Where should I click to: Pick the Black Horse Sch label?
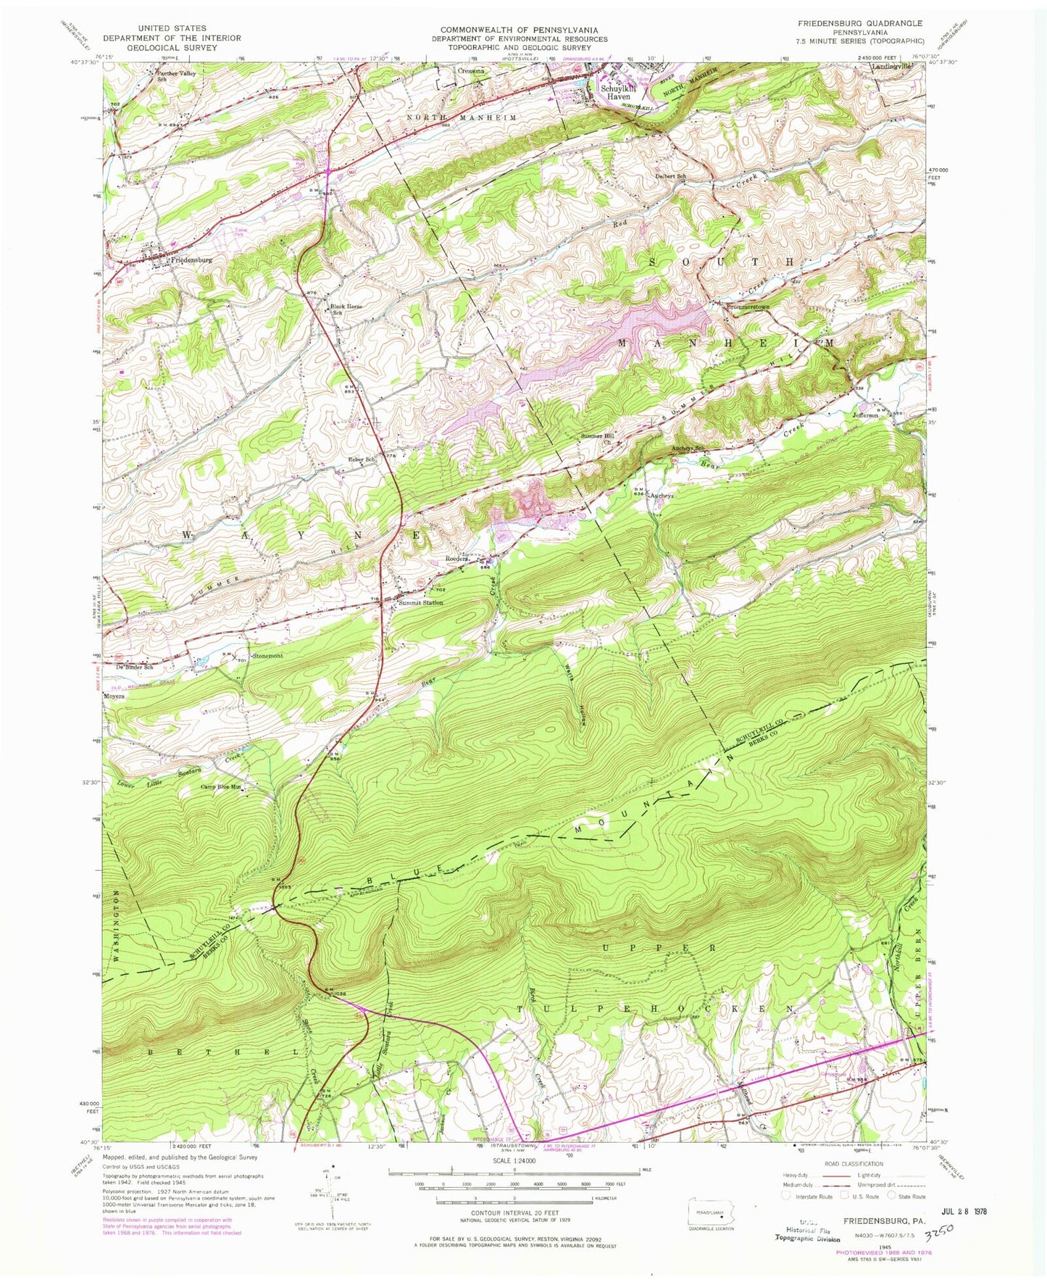tap(345, 309)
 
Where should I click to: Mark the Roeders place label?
tap(459, 559)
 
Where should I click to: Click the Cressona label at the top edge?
tap(475, 72)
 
